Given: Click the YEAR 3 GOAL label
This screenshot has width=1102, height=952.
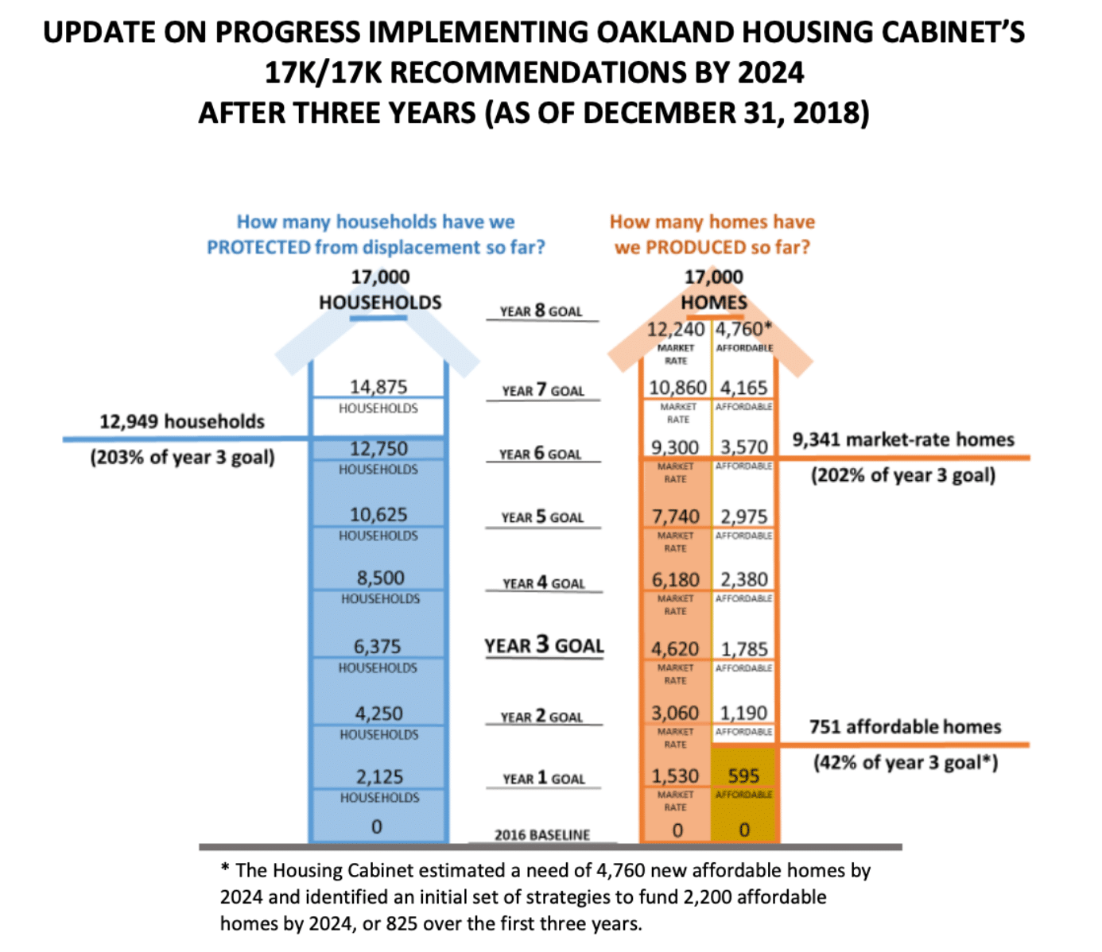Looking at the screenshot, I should [x=544, y=645].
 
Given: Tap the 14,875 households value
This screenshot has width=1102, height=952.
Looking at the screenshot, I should [x=378, y=387].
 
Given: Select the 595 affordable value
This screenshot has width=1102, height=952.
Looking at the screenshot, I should [x=743, y=776].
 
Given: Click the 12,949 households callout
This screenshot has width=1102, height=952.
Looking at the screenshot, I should [x=181, y=422].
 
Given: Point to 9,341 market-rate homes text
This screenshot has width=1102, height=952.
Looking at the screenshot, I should [x=902, y=439].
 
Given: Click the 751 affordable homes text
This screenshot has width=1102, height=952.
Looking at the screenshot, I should [x=905, y=726].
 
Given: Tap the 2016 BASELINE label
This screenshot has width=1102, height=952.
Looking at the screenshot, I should [x=542, y=834].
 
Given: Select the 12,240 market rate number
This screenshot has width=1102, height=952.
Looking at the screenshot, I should [x=675, y=330].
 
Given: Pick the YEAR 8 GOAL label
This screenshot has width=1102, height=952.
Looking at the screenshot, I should [x=541, y=311].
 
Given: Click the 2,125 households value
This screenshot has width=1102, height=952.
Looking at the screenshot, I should [x=379, y=776].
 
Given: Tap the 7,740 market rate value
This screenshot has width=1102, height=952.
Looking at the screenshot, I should [x=675, y=517].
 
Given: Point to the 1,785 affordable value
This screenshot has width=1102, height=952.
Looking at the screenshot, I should [x=743, y=649].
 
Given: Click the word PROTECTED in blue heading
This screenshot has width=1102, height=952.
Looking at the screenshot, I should [x=258, y=247].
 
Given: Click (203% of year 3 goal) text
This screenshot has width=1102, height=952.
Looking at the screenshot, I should [x=182, y=458].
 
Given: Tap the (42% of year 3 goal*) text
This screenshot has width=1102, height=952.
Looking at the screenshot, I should [x=905, y=763].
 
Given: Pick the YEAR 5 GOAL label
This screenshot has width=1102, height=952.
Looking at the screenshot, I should [x=542, y=517].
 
